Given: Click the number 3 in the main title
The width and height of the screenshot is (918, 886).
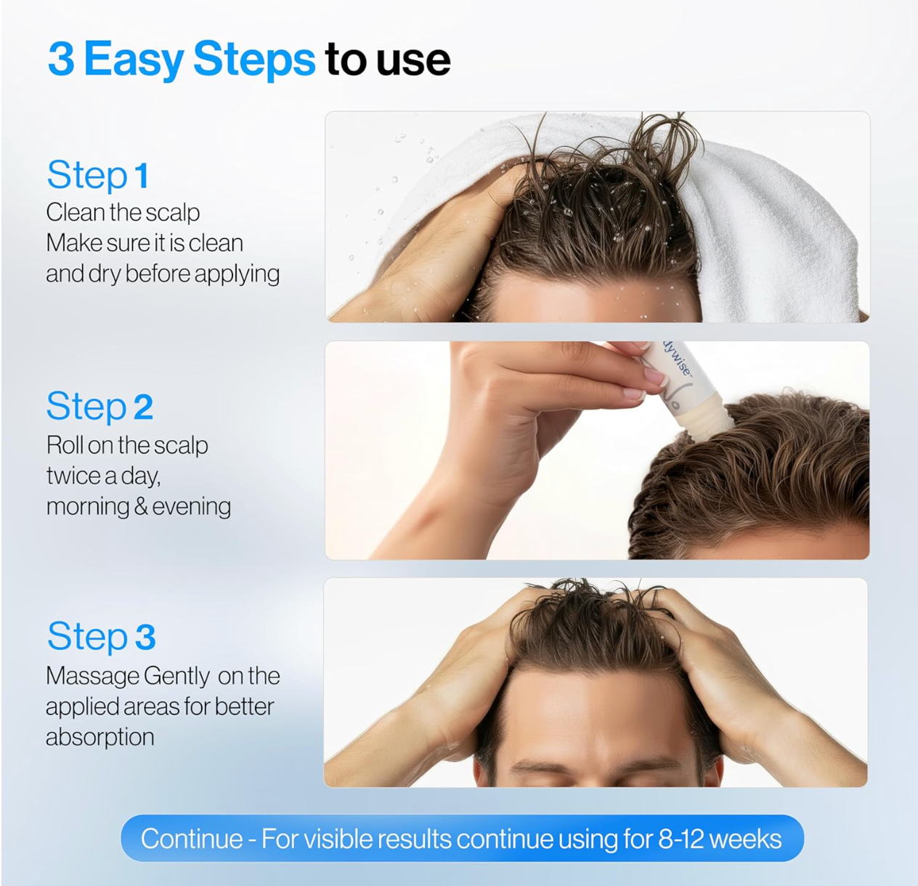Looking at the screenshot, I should point(61,59).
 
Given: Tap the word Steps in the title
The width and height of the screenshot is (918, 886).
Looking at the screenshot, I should point(253,60).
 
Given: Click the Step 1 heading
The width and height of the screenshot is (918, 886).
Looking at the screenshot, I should point(98,176).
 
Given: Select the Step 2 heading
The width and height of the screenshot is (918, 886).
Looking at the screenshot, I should point(100,407).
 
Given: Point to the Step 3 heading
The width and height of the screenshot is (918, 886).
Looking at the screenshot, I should point(102,637).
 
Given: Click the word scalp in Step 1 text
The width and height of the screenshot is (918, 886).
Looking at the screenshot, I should point(172,213).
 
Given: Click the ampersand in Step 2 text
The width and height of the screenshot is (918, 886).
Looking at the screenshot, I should point(142,507).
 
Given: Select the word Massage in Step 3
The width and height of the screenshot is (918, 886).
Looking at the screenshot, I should point(92,676).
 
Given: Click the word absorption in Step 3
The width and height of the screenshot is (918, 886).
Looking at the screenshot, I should point(100,737).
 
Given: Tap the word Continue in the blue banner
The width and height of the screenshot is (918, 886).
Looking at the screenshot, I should point(192,839).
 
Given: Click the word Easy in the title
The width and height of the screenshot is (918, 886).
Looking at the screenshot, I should point(134,60).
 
